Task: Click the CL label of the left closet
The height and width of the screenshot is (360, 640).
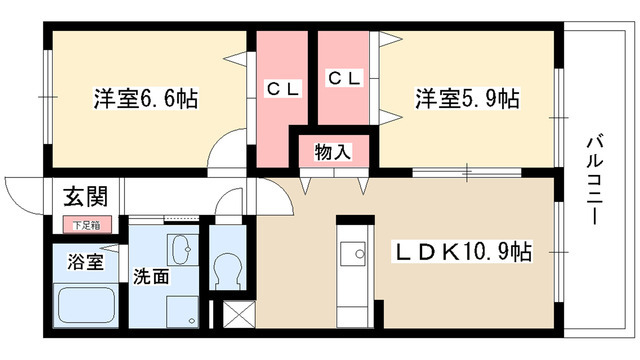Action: pyautogui.click(x=282, y=88)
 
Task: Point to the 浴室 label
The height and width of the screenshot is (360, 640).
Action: pyautogui.click(x=85, y=262)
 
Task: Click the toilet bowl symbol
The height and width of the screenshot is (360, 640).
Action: pyautogui.click(x=227, y=269)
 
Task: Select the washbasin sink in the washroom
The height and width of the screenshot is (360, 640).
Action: pyautogui.click(x=182, y=250)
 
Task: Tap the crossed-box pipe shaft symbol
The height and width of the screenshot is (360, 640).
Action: pyautogui.click(x=241, y=316)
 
